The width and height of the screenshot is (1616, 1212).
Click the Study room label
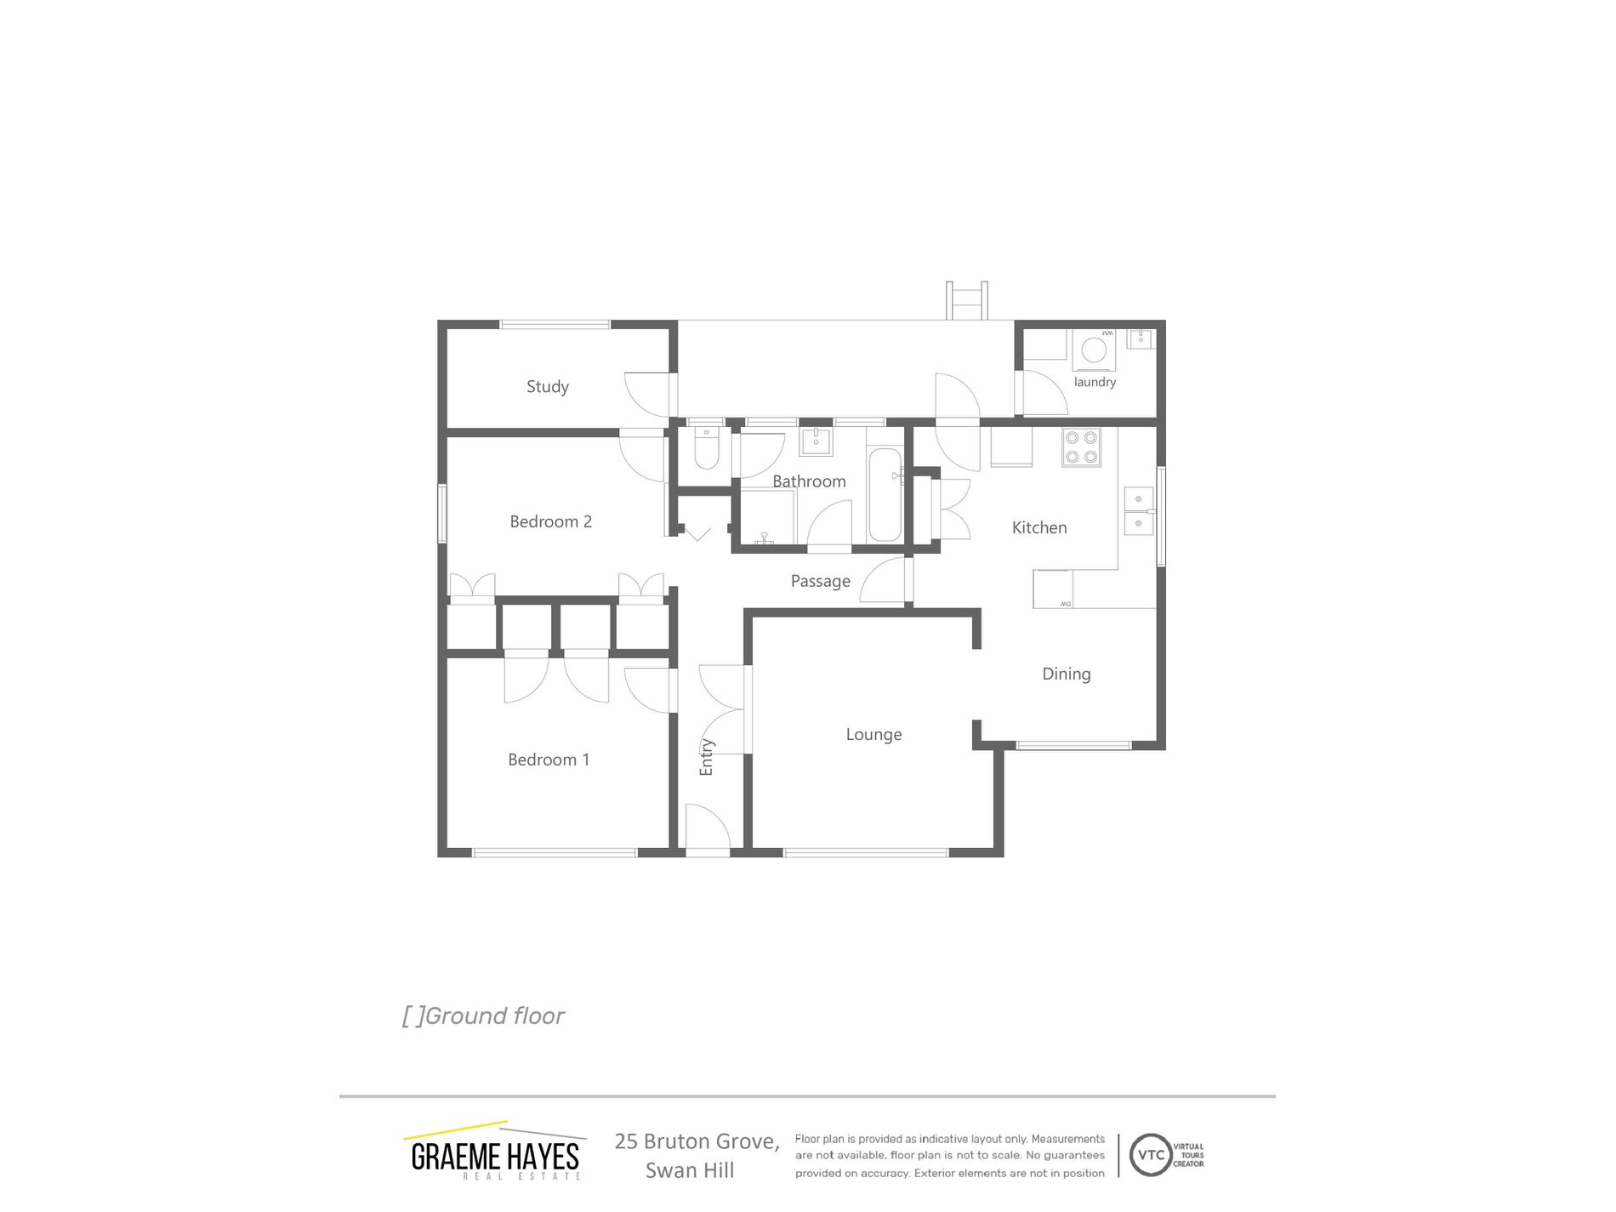click(547, 387)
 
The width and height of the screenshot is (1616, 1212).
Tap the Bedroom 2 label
click(550, 521)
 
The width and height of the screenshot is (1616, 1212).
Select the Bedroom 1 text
click(549, 760)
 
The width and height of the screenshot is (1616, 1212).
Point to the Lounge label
click(873, 734)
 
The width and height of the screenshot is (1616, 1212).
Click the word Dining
click(1066, 674)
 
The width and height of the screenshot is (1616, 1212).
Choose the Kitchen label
click(1038, 527)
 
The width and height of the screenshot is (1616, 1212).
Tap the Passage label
click(820, 581)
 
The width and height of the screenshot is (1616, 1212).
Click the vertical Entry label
click(706, 757)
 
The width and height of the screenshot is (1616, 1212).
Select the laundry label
click(1095, 382)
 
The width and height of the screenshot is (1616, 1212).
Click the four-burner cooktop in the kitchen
click(1081, 447)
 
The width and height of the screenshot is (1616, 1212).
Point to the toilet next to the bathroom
click(707, 448)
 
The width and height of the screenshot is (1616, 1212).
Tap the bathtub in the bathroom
click(885, 494)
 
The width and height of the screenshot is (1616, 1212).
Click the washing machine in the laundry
click(1094, 350)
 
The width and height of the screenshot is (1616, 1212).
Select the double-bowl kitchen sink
click(1138, 510)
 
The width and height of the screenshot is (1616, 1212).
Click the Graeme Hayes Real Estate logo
click(495, 1152)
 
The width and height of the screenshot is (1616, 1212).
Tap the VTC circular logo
click(1150, 1155)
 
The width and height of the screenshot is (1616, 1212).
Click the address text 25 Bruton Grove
click(697, 1141)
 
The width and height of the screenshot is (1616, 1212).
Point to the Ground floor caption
click(483, 1016)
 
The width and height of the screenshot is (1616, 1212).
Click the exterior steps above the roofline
click(967, 300)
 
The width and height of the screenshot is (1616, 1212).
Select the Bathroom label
click(809, 481)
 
